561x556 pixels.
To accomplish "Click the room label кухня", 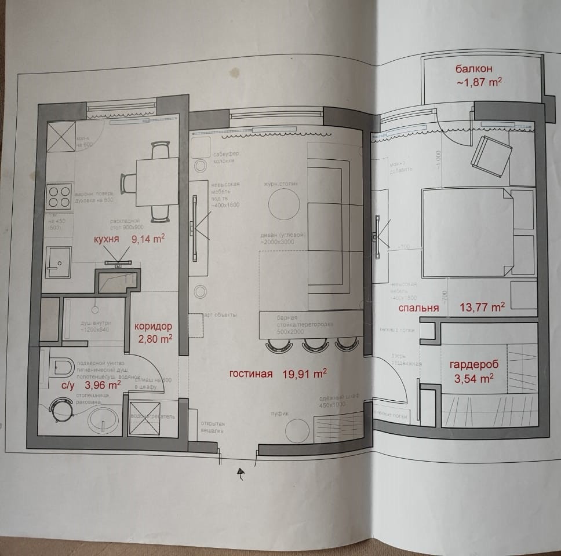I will click(109, 239).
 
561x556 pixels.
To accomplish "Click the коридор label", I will click(154, 326).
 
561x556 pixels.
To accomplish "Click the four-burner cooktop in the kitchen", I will click(59, 195).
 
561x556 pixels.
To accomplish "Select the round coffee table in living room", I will click(283, 203).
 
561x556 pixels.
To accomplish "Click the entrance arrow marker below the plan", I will click(239, 474).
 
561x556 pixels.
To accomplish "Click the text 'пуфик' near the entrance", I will click(280, 413).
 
